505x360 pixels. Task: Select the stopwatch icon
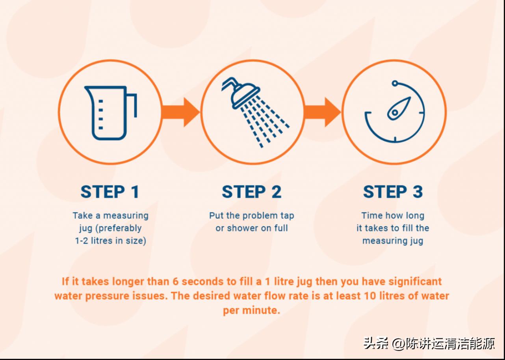[x=395, y=112]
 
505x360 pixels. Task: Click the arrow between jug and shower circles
[x=180, y=112]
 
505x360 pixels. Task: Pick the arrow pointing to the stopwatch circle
[x=322, y=112]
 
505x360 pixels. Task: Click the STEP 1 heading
[x=110, y=192]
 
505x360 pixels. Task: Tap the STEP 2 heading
[x=252, y=192]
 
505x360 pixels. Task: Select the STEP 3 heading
[x=393, y=192]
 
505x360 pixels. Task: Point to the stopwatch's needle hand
[x=399, y=108]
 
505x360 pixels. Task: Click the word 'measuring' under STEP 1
[x=126, y=216]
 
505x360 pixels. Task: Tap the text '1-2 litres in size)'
[x=110, y=241]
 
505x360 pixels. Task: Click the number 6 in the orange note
[x=176, y=282]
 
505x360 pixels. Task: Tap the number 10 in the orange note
[x=370, y=296]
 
